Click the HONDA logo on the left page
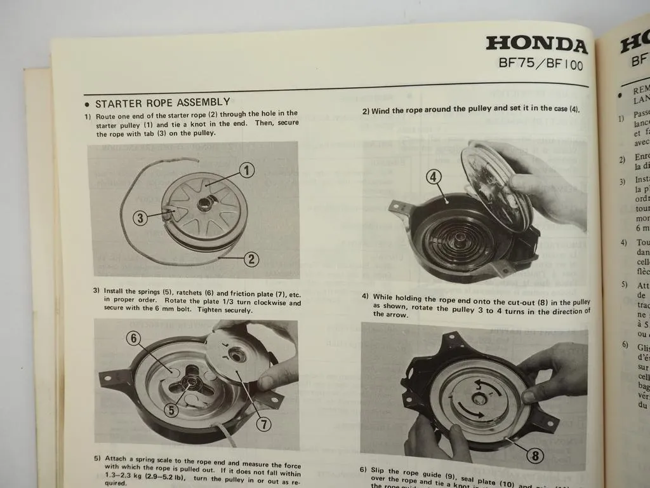(536, 45)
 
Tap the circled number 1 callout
(247, 170)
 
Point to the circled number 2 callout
(251, 259)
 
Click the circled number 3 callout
(141, 218)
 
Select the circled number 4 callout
(434, 177)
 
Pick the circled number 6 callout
(133, 339)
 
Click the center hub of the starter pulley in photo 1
(206, 205)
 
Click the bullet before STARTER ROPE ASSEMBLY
(87, 104)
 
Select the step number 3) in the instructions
(97, 290)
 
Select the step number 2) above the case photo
(366, 111)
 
